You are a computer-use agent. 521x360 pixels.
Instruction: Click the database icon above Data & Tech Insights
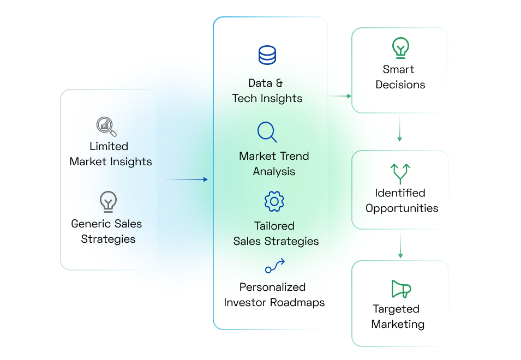coord(267,55)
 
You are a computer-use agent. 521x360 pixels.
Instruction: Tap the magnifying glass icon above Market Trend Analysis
coord(267,132)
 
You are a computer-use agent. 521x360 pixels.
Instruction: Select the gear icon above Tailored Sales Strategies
coord(274,202)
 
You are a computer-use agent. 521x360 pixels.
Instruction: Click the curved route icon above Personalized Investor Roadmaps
coord(274,266)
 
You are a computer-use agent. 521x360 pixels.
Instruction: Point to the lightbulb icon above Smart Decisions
coord(400,48)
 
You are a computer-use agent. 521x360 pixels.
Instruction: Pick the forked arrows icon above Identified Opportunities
coord(400,173)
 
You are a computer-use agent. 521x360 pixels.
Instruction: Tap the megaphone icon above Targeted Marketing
coord(401,289)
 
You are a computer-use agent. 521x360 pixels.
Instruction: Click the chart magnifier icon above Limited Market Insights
coord(106,127)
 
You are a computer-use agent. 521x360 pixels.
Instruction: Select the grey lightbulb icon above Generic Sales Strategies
coord(108,201)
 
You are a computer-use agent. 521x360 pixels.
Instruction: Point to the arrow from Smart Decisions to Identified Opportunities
coord(400,128)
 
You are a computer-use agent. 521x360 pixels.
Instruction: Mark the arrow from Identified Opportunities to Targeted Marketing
coord(400,243)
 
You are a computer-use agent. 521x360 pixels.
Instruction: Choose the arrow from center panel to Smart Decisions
coord(339,95)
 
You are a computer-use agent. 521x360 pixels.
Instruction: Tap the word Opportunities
coord(402,208)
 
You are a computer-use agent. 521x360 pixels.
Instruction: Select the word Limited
coord(109,146)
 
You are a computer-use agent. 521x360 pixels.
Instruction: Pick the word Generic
coord(91,224)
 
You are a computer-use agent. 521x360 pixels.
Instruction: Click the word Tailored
coord(274,226)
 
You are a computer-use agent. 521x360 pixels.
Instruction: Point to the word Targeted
coord(396,309)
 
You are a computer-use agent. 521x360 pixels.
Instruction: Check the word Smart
coord(398,69)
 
